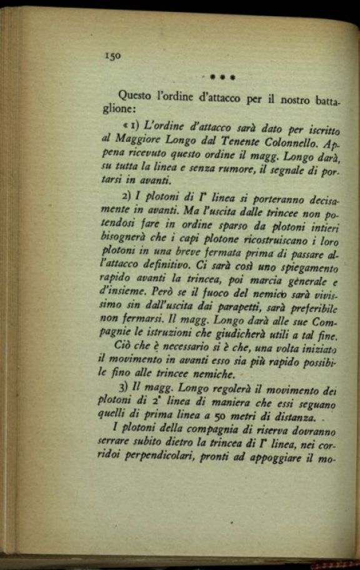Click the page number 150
[x=112, y=56]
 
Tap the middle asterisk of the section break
[x=222, y=78]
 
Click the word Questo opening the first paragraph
[x=136, y=95]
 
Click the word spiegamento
[x=310, y=269]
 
